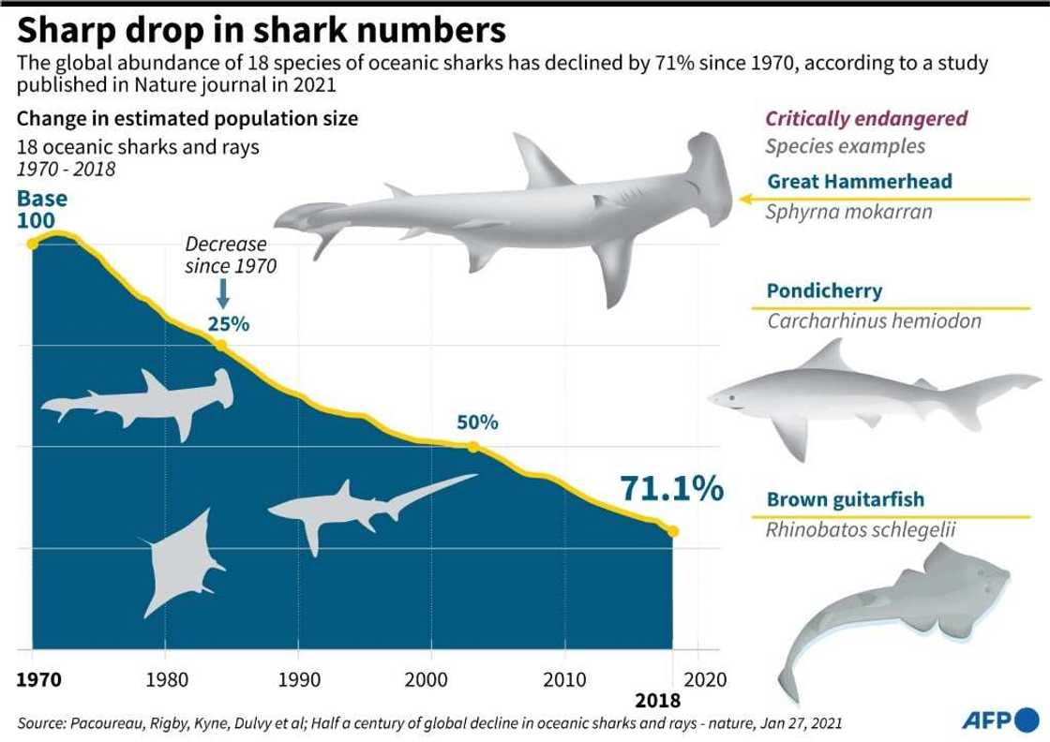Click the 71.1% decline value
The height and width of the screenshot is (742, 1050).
(671, 489)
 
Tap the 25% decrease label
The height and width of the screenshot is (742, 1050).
(229, 324)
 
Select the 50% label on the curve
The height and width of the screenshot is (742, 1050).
(476, 423)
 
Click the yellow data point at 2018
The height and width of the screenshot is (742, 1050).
(673, 531)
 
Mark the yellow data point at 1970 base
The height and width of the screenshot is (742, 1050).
(33, 244)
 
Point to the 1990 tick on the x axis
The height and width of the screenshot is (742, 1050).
(298, 678)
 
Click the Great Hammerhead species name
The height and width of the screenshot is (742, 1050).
(860, 182)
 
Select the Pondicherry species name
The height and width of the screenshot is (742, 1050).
(824, 290)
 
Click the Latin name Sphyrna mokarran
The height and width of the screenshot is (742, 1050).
(848, 211)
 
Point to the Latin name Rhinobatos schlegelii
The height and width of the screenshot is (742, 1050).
(860, 530)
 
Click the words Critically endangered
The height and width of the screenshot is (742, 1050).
(866, 119)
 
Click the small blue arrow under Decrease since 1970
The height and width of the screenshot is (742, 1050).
(223, 295)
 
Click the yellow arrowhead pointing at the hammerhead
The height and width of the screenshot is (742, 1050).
(745, 199)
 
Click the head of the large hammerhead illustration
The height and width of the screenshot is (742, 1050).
(708, 178)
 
